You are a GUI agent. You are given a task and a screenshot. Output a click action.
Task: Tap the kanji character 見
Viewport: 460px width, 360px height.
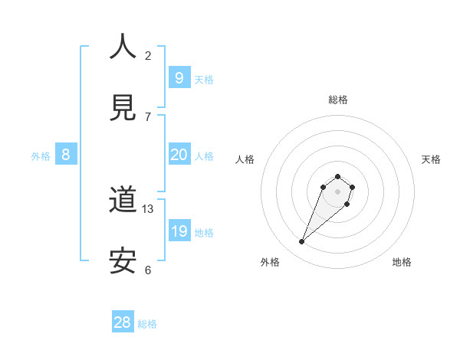[x=123, y=106]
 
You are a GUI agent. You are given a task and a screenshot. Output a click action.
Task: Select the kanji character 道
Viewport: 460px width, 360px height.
[x=123, y=200]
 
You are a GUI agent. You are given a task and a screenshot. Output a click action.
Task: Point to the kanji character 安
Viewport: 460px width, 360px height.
[x=123, y=261]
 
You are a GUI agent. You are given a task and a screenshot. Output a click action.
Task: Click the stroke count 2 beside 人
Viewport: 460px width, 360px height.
[x=148, y=55]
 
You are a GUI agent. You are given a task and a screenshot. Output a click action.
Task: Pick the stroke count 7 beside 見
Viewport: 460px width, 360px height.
[x=148, y=116]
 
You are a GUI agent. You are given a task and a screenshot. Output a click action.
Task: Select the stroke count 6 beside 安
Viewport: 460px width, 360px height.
[x=148, y=270]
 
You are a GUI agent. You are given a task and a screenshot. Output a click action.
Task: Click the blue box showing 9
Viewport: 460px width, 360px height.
[x=179, y=77]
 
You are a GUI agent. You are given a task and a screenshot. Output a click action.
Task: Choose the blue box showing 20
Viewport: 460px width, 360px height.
[x=179, y=155]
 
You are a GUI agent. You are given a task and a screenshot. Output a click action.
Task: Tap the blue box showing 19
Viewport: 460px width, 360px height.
[x=179, y=231]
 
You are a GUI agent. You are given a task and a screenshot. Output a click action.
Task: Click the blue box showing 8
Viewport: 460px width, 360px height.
[x=66, y=155]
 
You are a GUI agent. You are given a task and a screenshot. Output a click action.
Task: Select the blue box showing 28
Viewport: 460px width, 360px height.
[x=123, y=322]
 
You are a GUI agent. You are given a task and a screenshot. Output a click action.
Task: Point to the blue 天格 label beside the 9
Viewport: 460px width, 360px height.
[x=204, y=79]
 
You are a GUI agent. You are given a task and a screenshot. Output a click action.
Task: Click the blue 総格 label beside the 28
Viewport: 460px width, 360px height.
[x=147, y=324]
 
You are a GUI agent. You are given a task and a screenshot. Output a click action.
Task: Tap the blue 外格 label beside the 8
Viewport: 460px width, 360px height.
[x=41, y=156]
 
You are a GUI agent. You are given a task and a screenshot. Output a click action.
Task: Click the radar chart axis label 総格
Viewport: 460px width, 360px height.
[x=338, y=100]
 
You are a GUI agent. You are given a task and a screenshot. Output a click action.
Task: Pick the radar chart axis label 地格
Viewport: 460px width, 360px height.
[x=402, y=262]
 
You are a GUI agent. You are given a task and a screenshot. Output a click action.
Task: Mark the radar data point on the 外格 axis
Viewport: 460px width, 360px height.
[x=302, y=242]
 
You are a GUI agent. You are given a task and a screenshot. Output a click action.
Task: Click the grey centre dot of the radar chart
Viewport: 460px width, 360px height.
[x=338, y=191]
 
